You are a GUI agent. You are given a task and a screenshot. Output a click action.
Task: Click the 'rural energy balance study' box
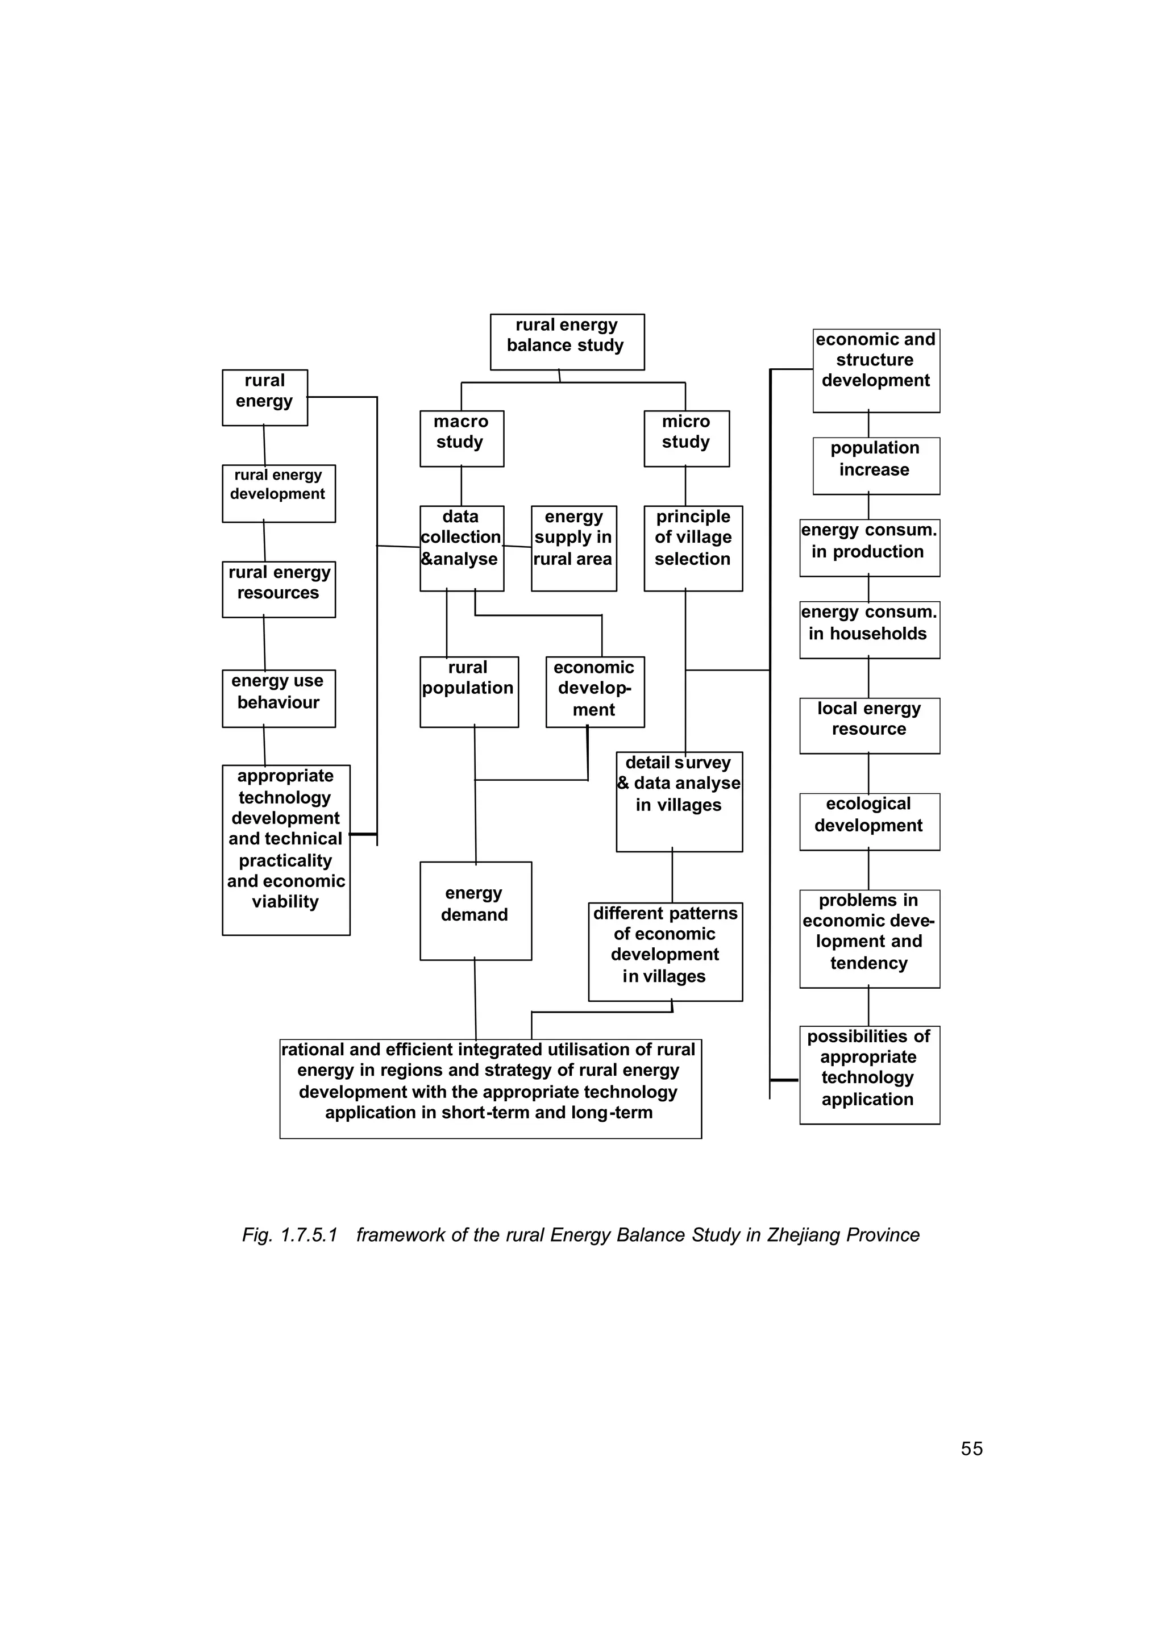tap(567, 342)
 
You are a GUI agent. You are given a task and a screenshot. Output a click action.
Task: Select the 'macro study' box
tap(462, 439)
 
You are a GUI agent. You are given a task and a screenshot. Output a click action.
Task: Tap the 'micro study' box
tap(686, 439)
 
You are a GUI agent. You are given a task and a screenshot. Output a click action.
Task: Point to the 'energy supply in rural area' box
tap(573, 548)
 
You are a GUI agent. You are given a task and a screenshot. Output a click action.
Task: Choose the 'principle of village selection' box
tap(693, 548)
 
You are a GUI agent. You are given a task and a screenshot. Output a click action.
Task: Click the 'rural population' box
tap(469, 692)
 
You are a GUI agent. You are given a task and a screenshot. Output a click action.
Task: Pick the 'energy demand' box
tap(475, 910)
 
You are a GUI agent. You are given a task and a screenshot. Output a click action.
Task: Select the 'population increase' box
tap(876, 466)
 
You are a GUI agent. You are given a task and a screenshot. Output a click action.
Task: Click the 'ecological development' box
tap(870, 821)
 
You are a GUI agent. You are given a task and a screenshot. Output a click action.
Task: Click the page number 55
tap(971, 1449)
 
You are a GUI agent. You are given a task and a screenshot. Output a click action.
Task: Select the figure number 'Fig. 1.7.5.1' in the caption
tap(289, 1235)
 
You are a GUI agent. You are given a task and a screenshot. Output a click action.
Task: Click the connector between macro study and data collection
tap(462, 486)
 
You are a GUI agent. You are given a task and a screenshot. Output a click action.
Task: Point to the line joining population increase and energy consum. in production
tap(868, 507)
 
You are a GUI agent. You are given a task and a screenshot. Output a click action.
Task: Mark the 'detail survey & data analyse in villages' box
tap(679, 801)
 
